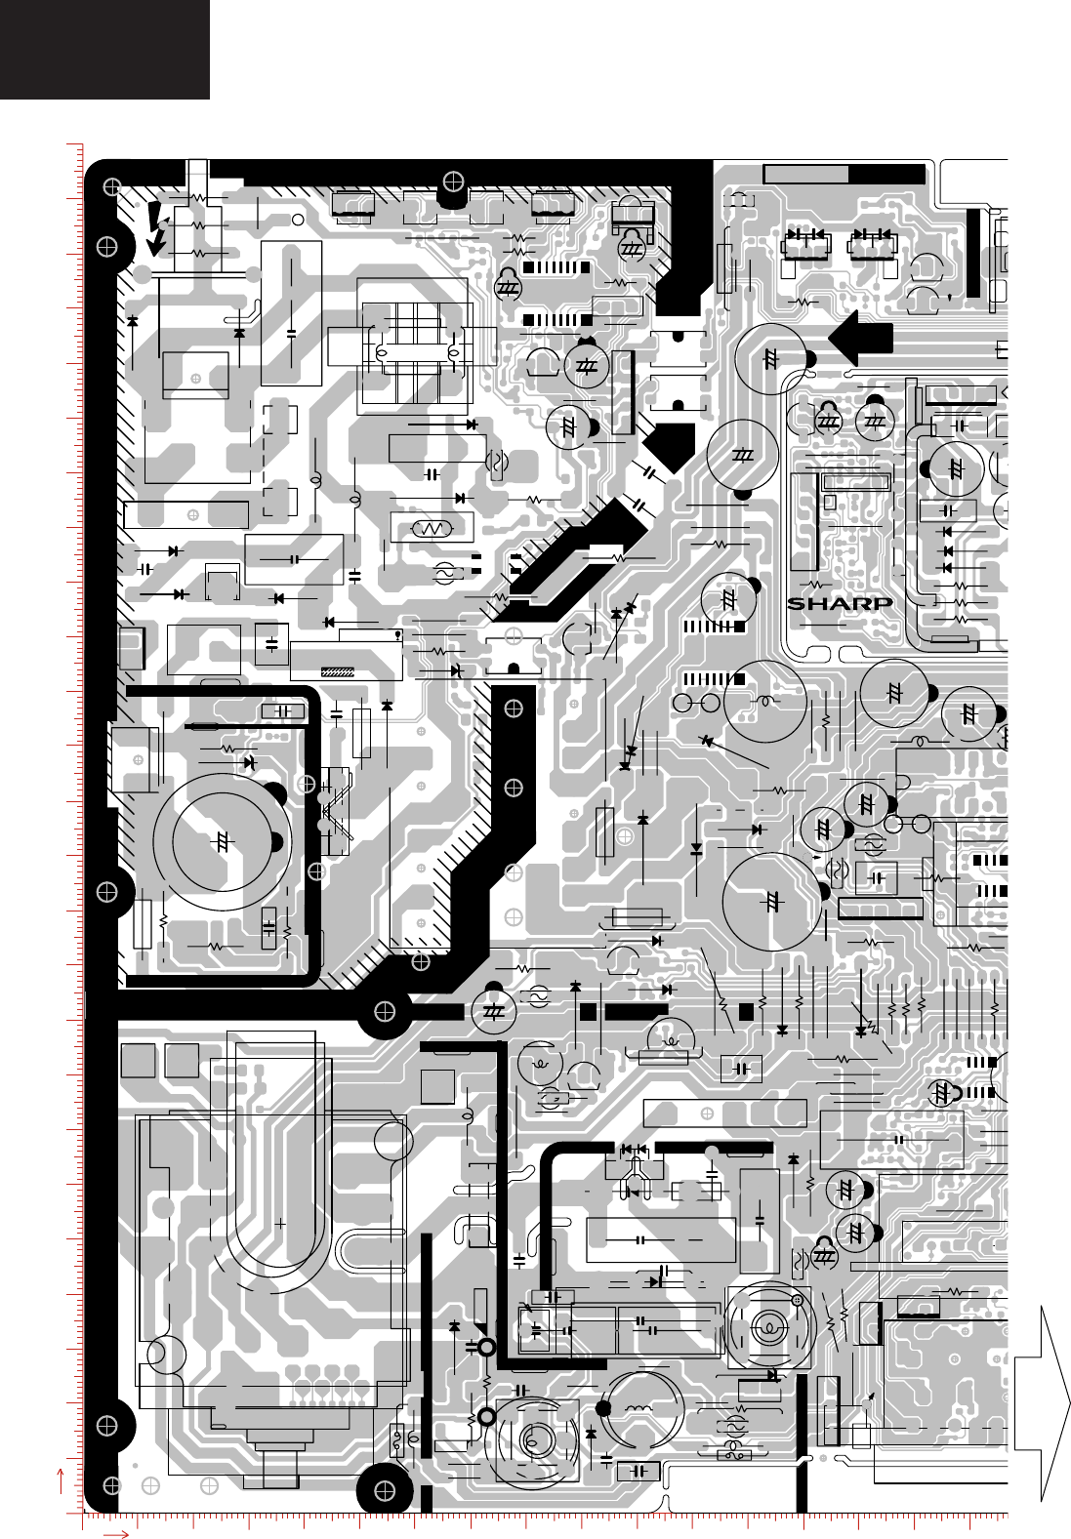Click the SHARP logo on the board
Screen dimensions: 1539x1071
(x=840, y=603)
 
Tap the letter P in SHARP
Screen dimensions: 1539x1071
(x=882, y=603)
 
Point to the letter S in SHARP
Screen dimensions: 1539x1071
(x=798, y=603)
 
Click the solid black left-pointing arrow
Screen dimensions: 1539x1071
(x=860, y=338)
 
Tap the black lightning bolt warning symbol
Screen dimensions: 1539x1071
(x=156, y=228)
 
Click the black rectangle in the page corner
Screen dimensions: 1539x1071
(x=104, y=49)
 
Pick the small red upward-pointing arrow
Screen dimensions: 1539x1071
(x=62, y=1478)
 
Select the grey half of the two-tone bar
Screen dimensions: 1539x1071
(x=806, y=174)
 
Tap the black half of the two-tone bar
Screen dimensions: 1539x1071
(x=886, y=174)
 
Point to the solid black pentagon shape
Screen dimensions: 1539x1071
(x=670, y=447)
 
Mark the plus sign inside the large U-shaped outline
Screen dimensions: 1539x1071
(x=281, y=1222)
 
